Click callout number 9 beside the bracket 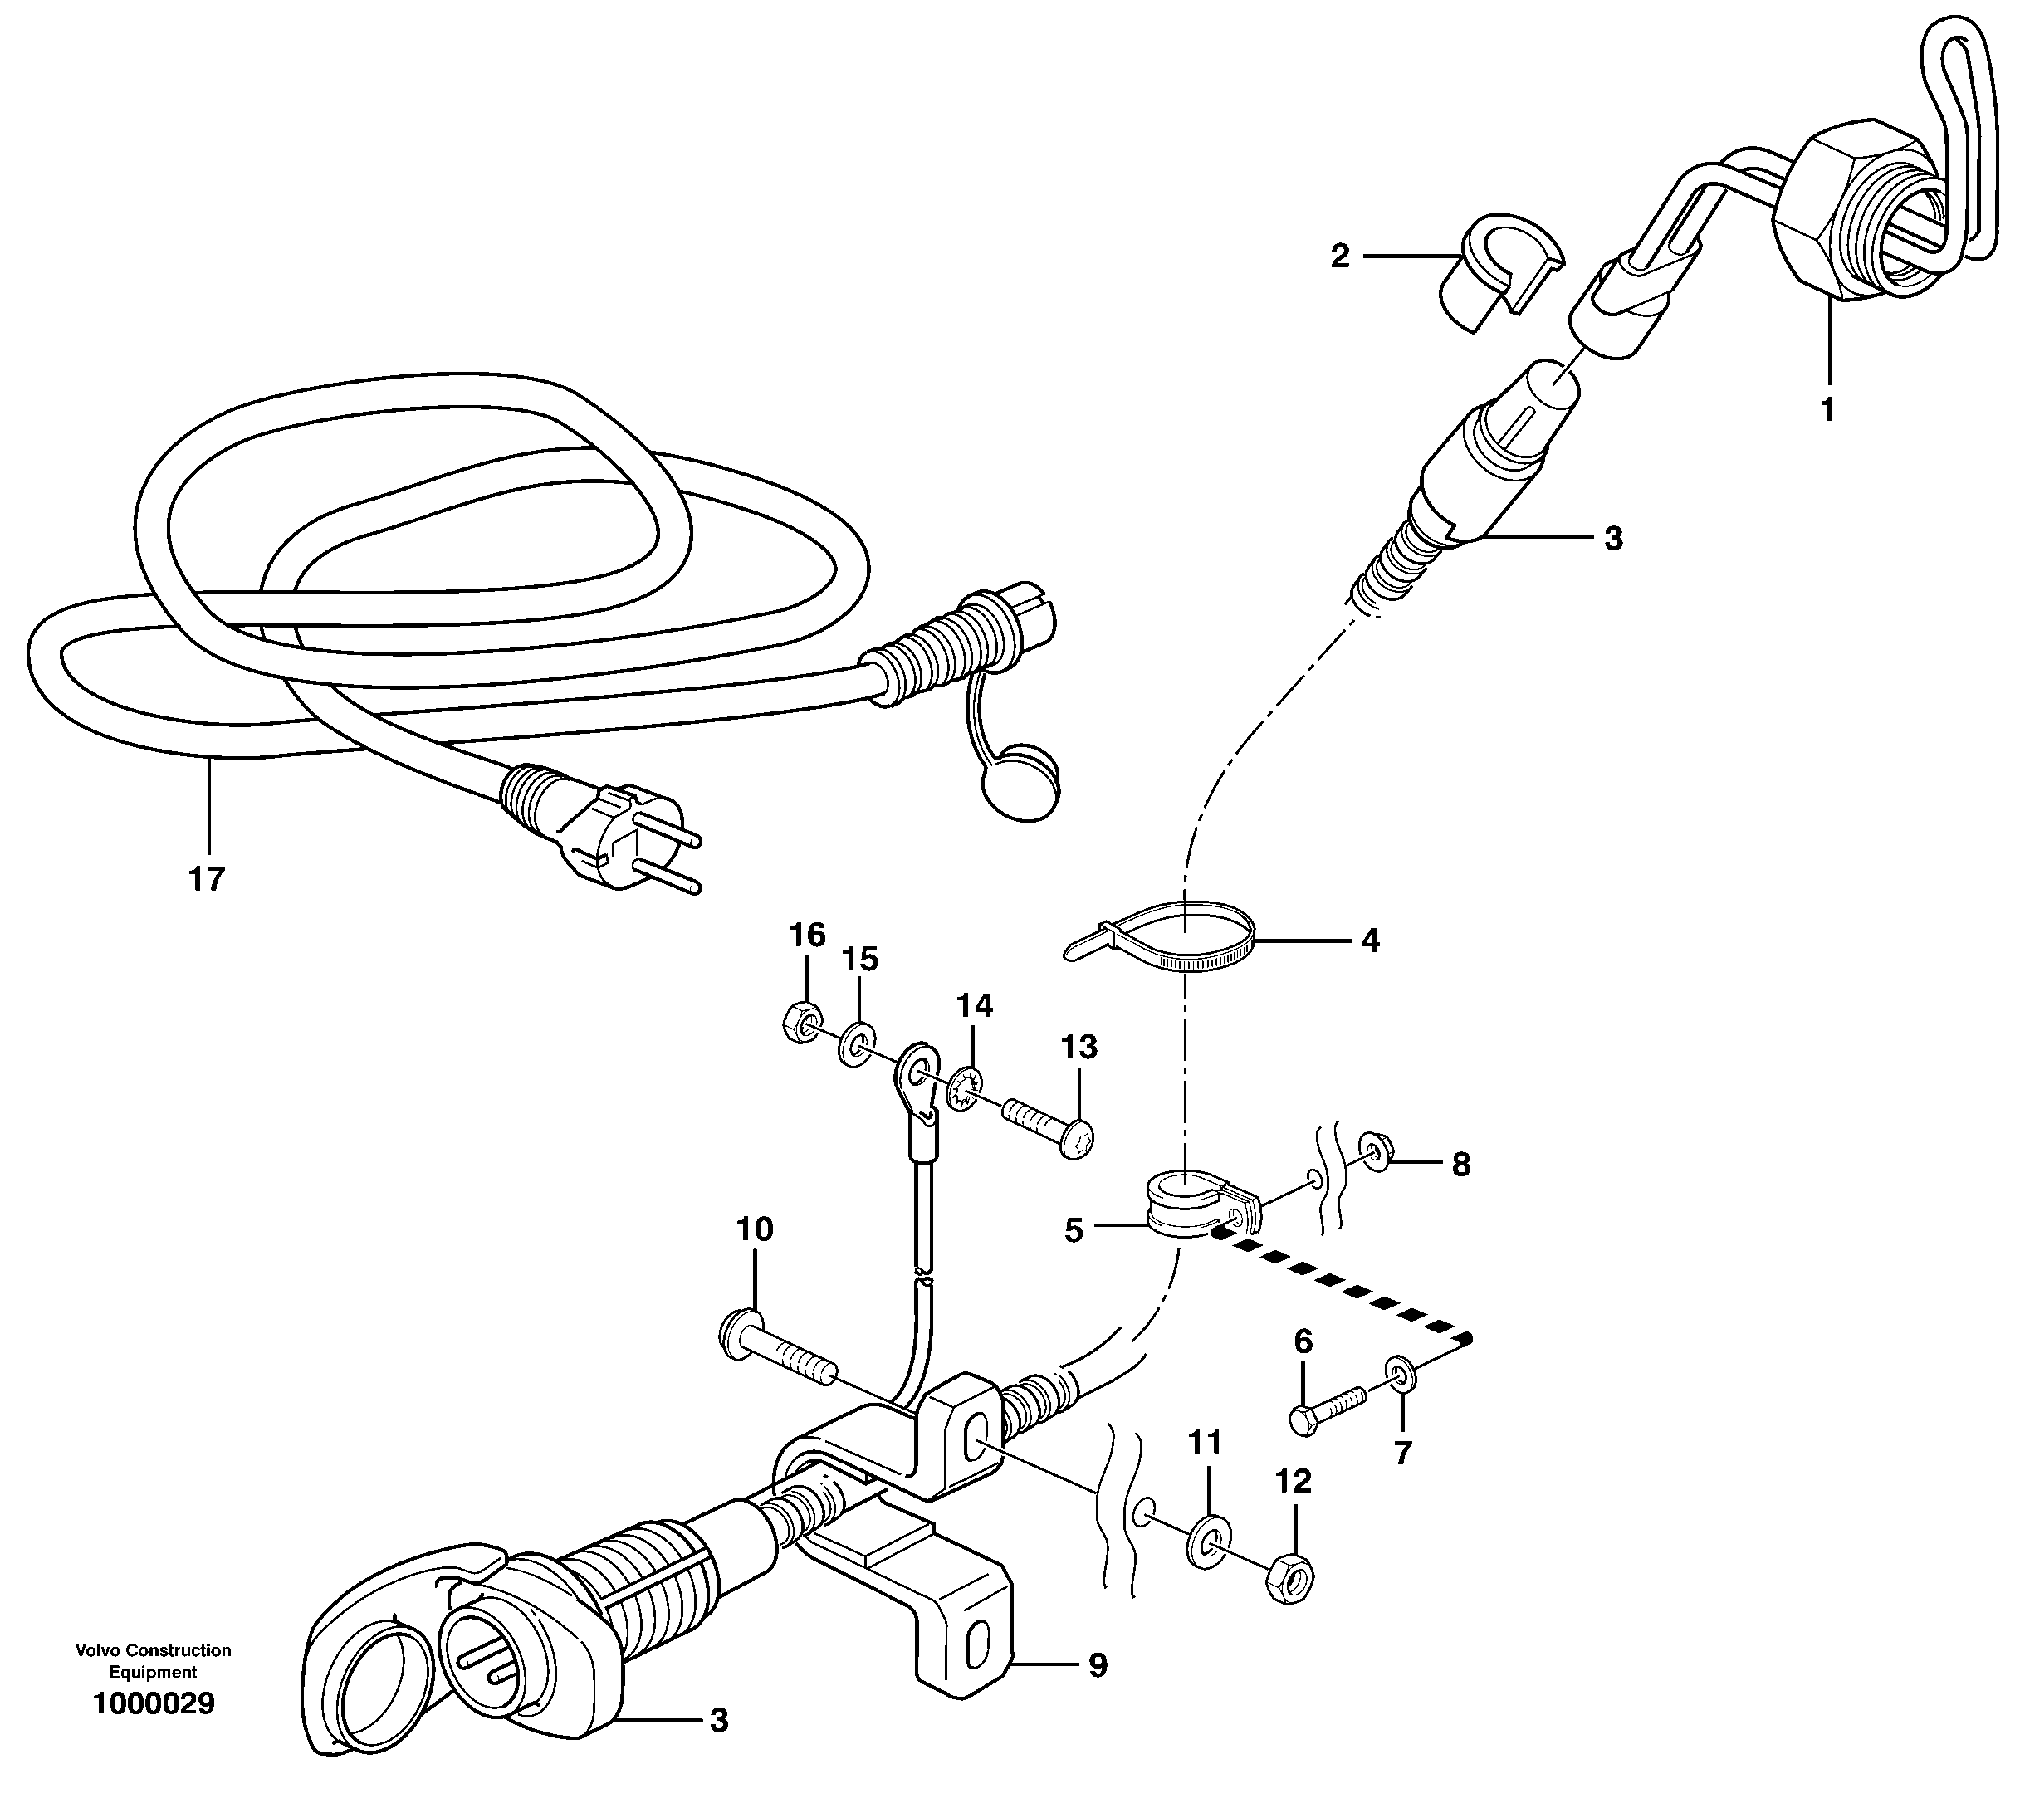click(x=1097, y=1665)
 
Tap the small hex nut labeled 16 click(x=800, y=1019)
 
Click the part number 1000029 click(x=153, y=1704)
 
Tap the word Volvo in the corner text click(x=94, y=1649)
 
